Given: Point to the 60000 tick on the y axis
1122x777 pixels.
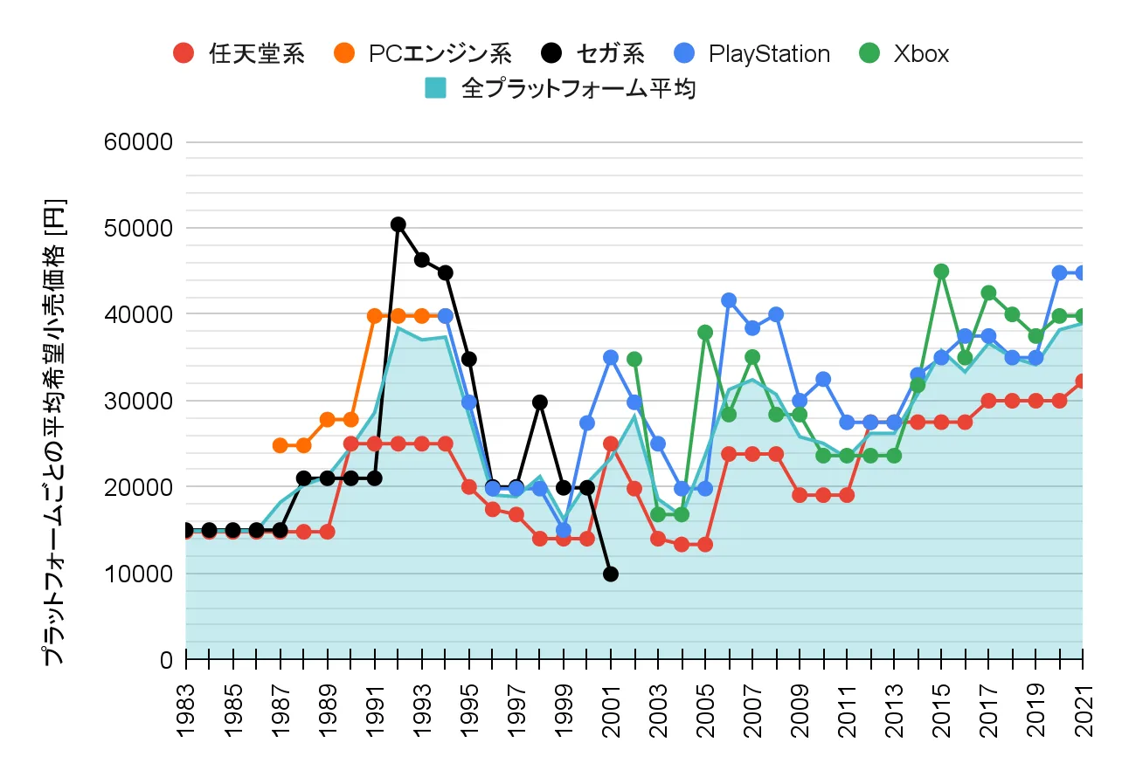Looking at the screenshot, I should [141, 141].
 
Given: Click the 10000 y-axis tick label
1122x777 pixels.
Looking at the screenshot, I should [141, 574].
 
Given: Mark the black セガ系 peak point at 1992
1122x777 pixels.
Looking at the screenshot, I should [398, 224].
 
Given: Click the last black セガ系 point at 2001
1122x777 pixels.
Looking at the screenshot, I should [611, 574].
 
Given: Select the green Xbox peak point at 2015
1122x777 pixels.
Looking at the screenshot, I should [941, 271].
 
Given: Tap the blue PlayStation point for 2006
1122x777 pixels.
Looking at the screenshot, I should [729, 300].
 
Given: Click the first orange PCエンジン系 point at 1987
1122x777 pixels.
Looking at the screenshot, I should [280, 445].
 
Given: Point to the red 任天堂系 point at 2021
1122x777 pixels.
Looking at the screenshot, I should [1083, 381].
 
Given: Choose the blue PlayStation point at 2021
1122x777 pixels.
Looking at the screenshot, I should [1083, 272].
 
